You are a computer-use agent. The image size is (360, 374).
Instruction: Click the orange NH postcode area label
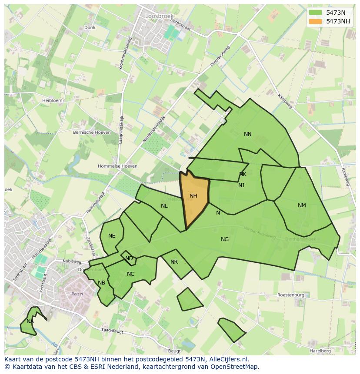(x=193, y=196)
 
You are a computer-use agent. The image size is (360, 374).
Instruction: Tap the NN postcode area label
(x=248, y=134)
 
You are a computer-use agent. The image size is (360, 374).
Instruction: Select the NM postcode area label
(x=302, y=205)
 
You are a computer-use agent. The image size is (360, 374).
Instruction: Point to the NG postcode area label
(x=225, y=239)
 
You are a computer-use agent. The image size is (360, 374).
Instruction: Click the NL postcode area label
(x=164, y=206)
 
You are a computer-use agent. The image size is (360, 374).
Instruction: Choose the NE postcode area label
(x=112, y=236)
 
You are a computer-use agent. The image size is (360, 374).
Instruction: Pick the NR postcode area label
(x=174, y=262)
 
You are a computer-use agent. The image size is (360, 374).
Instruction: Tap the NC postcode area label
(x=130, y=274)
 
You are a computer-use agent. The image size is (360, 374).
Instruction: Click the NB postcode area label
(x=101, y=283)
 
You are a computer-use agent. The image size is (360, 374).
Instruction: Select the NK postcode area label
(x=243, y=174)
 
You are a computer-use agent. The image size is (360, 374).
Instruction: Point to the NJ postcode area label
(x=241, y=185)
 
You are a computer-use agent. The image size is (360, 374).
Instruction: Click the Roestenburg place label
(x=291, y=295)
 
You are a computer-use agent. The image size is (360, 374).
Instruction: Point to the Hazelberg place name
(x=320, y=351)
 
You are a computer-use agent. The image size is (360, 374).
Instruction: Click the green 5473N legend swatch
(x=316, y=13)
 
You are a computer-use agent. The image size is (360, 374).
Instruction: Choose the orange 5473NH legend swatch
(x=316, y=21)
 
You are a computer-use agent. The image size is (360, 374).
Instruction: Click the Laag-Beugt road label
(x=112, y=331)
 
